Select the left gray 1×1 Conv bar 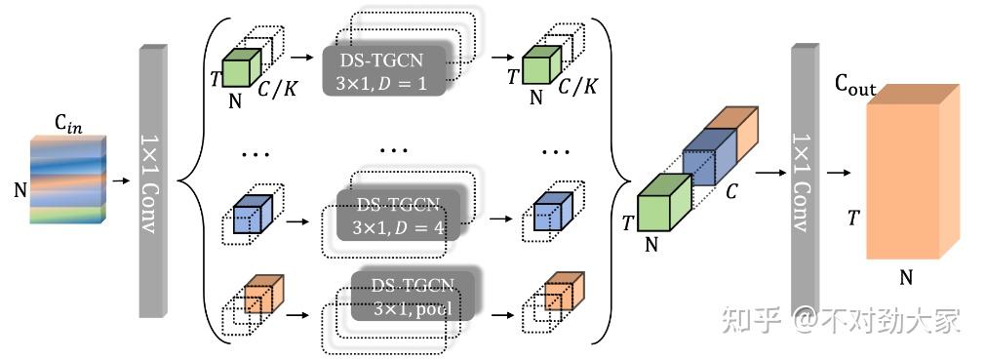[154, 180]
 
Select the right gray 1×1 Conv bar [805, 180]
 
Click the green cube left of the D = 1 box [240, 69]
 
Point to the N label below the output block [905, 278]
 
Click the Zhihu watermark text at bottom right [841, 320]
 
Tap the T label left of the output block [853, 219]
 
